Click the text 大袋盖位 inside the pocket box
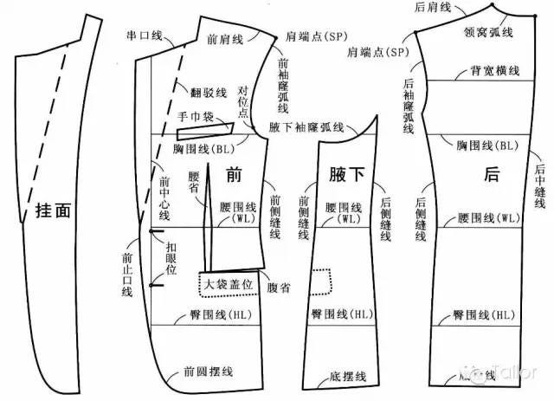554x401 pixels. point(228,283)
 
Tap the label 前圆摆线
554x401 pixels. point(208,372)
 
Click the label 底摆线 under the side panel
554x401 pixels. point(348,377)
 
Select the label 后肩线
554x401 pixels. point(433,7)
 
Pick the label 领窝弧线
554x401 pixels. point(488,32)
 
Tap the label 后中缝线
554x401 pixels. point(538,186)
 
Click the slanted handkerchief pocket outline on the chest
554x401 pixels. point(206,132)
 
